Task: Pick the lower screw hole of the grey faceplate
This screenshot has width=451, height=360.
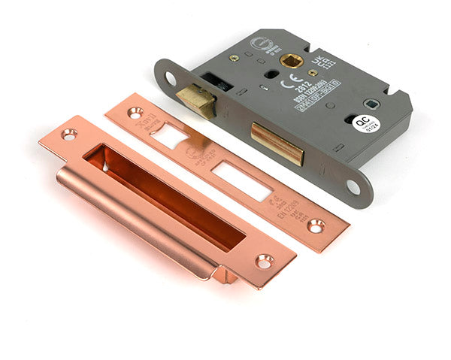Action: tap(351, 186)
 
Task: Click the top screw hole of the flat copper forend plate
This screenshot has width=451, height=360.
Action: tap(135, 113)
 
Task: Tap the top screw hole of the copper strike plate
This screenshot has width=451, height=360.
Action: tap(69, 135)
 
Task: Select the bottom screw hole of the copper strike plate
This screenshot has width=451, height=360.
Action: tap(264, 261)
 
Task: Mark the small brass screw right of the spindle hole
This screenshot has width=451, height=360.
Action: tap(313, 72)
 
